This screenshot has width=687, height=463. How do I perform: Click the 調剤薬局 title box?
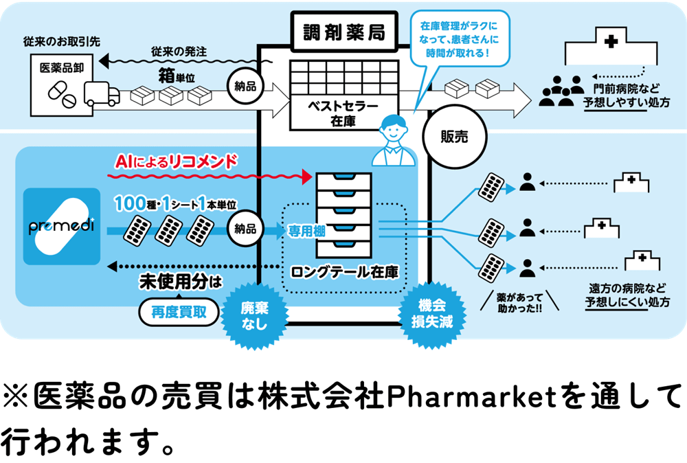(344, 32)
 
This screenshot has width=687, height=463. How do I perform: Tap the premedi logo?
(61, 225)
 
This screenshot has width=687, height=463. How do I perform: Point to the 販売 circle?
(453, 136)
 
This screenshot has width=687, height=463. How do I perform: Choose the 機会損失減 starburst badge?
(432, 314)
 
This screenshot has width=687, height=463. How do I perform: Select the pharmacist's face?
(393, 128)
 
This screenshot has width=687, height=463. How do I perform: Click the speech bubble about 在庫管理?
(460, 38)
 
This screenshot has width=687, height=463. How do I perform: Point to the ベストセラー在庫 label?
(342, 113)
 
